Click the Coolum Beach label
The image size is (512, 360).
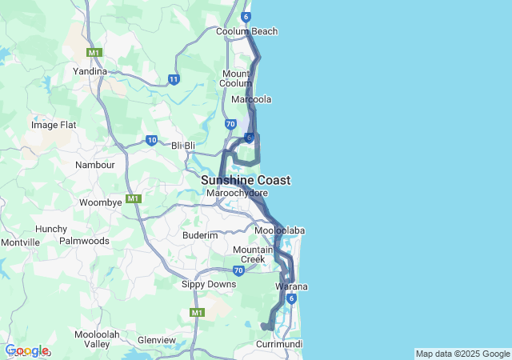[x=247, y=32]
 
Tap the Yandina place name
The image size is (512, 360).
[x=90, y=71]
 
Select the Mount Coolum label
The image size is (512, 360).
[x=236, y=78]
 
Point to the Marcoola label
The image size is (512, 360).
[x=251, y=99]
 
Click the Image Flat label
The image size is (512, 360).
[x=53, y=125]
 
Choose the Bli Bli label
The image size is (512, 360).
[x=183, y=146]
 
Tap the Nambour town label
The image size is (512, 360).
[x=95, y=165]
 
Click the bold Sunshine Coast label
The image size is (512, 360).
[x=246, y=181]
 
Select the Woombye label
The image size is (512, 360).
[x=100, y=202]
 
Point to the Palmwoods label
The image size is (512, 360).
[x=84, y=240]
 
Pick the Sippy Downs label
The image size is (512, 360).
[x=209, y=285]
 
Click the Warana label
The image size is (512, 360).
[x=291, y=286]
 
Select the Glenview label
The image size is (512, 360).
[x=157, y=340]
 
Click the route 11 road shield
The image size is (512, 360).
[x=174, y=79]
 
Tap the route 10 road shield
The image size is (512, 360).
[x=151, y=141]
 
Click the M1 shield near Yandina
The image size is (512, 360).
[x=95, y=53]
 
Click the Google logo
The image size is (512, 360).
[x=26, y=350]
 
